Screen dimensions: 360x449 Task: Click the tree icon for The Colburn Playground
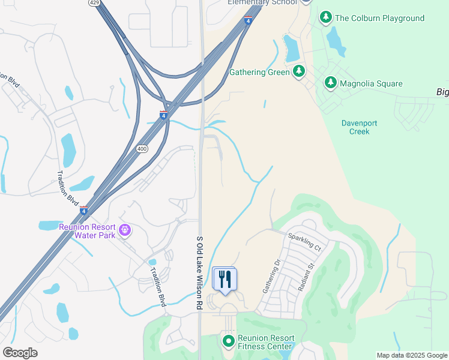click(326, 17)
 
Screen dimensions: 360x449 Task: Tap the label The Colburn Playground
click(379, 18)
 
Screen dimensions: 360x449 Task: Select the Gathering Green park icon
click(299, 73)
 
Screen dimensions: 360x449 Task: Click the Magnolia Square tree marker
click(330, 83)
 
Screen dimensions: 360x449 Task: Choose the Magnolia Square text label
click(371, 83)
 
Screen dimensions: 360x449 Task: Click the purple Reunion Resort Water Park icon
click(125, 230)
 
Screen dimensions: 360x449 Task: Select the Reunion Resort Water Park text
click(88, 231)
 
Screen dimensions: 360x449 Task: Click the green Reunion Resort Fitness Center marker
click(228, 341)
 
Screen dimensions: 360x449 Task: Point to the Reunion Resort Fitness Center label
click(265, 342)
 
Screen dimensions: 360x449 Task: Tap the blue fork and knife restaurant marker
click(225, 280)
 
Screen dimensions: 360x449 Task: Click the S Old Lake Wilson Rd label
click(199, 272)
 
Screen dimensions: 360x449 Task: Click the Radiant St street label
click(306, 276)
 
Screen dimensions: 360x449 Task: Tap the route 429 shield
click(94, 3)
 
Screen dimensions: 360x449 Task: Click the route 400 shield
click(142, 148)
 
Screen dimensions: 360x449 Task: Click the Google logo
click(20, 352)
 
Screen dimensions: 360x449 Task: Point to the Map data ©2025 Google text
click(411, 355)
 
